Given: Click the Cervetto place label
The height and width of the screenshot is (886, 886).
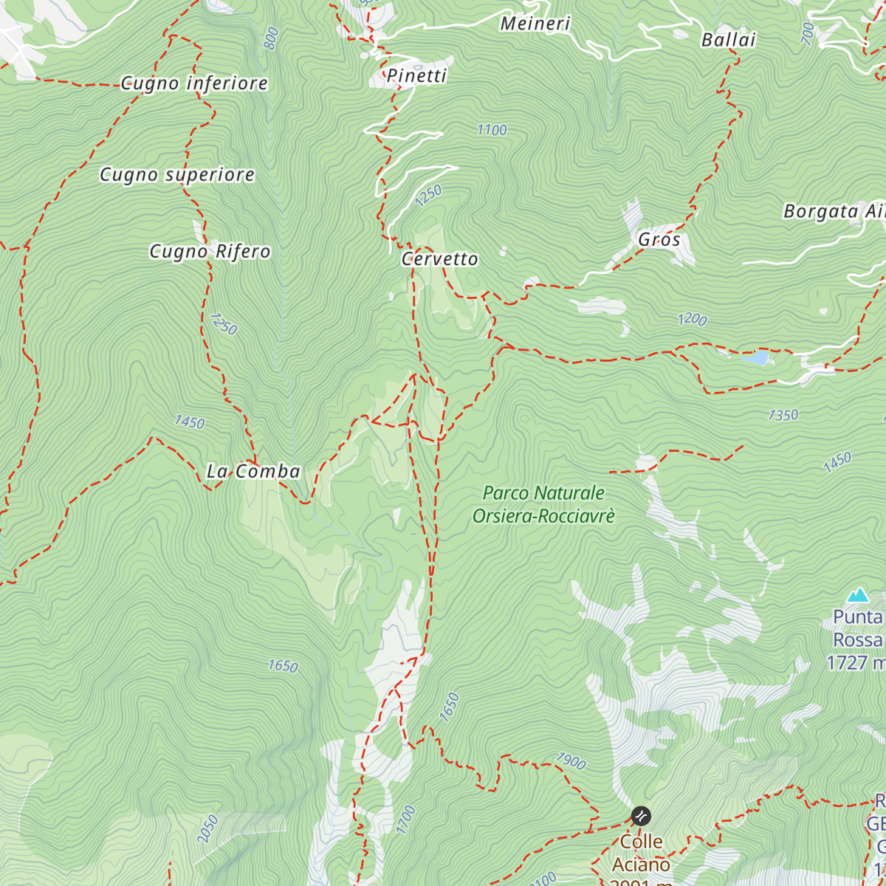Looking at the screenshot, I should coord(440,259).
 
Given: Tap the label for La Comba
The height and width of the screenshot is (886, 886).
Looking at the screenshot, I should coord(253,471).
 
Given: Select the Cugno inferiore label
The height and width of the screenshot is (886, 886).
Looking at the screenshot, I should coord(194,83).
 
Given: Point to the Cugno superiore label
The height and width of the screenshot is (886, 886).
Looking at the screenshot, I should coord(177,175).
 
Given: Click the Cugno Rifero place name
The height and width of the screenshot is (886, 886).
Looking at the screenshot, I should coord(210,252).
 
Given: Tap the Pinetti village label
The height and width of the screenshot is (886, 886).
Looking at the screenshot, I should coord(417,76).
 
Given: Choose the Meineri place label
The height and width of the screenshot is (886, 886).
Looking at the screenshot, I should coord(535,24).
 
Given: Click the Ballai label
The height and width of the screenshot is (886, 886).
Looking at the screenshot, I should coord(729,40).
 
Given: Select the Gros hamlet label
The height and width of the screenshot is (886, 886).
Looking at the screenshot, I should coord(659,240).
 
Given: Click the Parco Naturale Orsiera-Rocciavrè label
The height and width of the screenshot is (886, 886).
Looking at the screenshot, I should coord(543,504).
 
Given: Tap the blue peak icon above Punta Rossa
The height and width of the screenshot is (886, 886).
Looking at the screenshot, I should coord(858,595).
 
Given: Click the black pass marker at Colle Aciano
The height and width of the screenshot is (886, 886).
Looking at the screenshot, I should coord(641,816).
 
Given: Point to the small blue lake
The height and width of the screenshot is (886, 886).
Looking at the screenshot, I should coord(760,358).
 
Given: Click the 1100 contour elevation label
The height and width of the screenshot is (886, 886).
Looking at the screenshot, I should coord(492,131).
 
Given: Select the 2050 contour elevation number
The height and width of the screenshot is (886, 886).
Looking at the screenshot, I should coord(207,828).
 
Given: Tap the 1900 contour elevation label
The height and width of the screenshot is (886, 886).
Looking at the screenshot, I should coord(571,760).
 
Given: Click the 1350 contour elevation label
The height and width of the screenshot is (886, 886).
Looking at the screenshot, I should coord(783,415).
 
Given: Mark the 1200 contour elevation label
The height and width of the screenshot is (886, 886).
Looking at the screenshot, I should coord(692,319).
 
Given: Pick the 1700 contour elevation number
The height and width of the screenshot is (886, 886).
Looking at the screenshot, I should coord(405,820).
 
